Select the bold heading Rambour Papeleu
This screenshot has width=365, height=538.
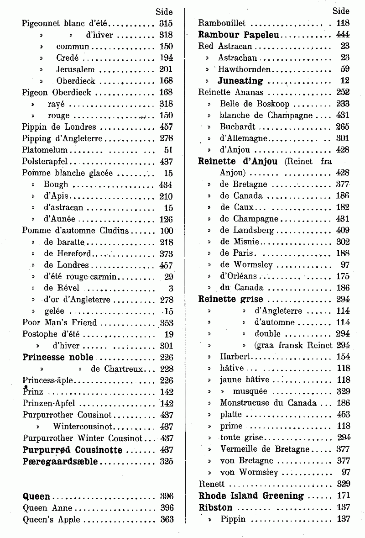(x=239, y=34)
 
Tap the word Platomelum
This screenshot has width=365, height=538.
(x=45, y=150)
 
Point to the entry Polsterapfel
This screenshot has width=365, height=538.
(x=46, y=161)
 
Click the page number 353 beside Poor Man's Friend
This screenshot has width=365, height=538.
(x=167, y=322)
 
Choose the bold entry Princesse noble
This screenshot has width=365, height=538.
(x=58, y=357)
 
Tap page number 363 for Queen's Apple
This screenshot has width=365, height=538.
(x=167, y=519)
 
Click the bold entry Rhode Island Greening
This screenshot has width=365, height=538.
(x=251, y=496)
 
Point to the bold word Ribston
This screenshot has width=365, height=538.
(x=216, y=507)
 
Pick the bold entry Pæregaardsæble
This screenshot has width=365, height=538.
(x=60, y=461)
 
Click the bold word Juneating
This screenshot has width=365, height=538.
(x=240, y=81)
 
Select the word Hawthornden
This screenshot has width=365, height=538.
(x=245, y=69)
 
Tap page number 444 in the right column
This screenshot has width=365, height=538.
(x=342, y=34)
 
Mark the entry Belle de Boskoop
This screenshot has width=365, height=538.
(x=255, y=104)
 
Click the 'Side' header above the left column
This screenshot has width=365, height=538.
(x=164, y=11)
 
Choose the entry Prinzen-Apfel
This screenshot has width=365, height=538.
(x=48, y=403)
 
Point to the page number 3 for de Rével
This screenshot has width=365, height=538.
(x=171, y=288)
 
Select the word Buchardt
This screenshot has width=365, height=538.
(x=238, y=127)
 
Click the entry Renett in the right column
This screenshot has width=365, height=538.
(x=212, y=484)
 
